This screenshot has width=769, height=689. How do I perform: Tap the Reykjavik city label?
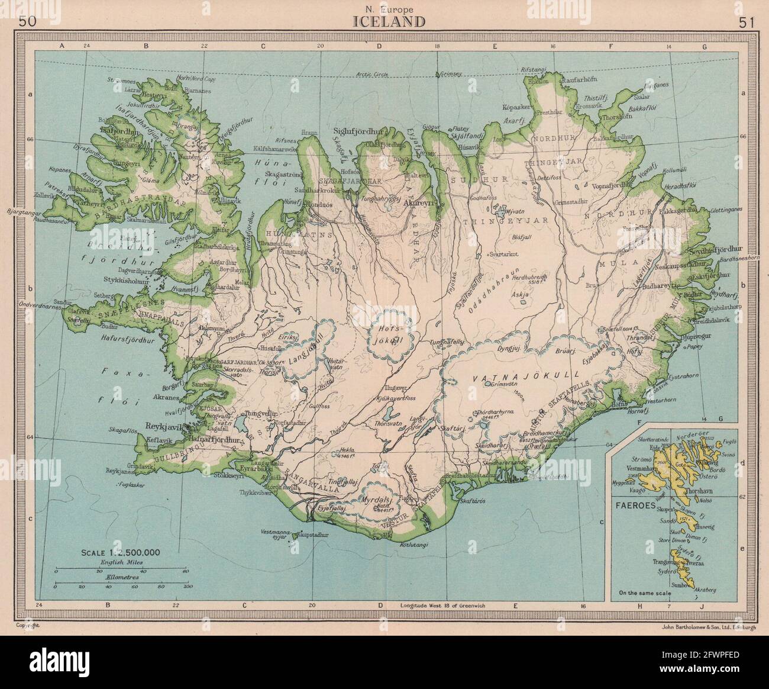tap(171, 427)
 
